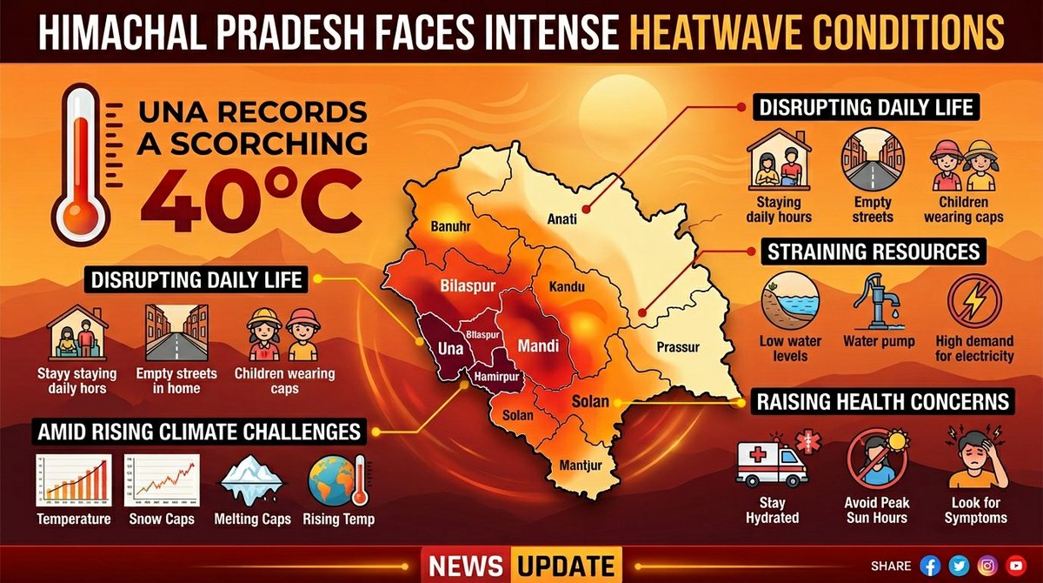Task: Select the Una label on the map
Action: click(x=448, y=348)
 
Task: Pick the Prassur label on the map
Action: click(x=678, y=347)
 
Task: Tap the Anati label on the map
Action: click(x=562, y=219)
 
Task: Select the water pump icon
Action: click(x=878, y=302)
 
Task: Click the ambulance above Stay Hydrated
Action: click(x=771, y=461)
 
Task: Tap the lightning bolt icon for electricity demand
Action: click(x=973, y=302)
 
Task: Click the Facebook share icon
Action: click(x=930, y=565)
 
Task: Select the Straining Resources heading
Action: click(x=873, y=252)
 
